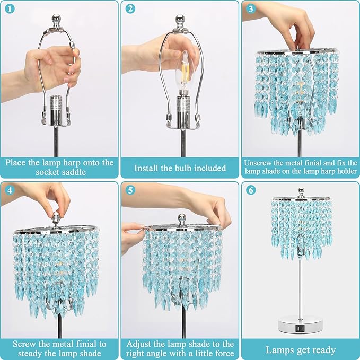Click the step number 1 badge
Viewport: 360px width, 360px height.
coord(8,9)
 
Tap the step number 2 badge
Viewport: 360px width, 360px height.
coord(130,9)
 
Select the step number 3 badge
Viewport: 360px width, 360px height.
coord(251,9)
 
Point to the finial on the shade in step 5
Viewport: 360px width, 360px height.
coord(182,218)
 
